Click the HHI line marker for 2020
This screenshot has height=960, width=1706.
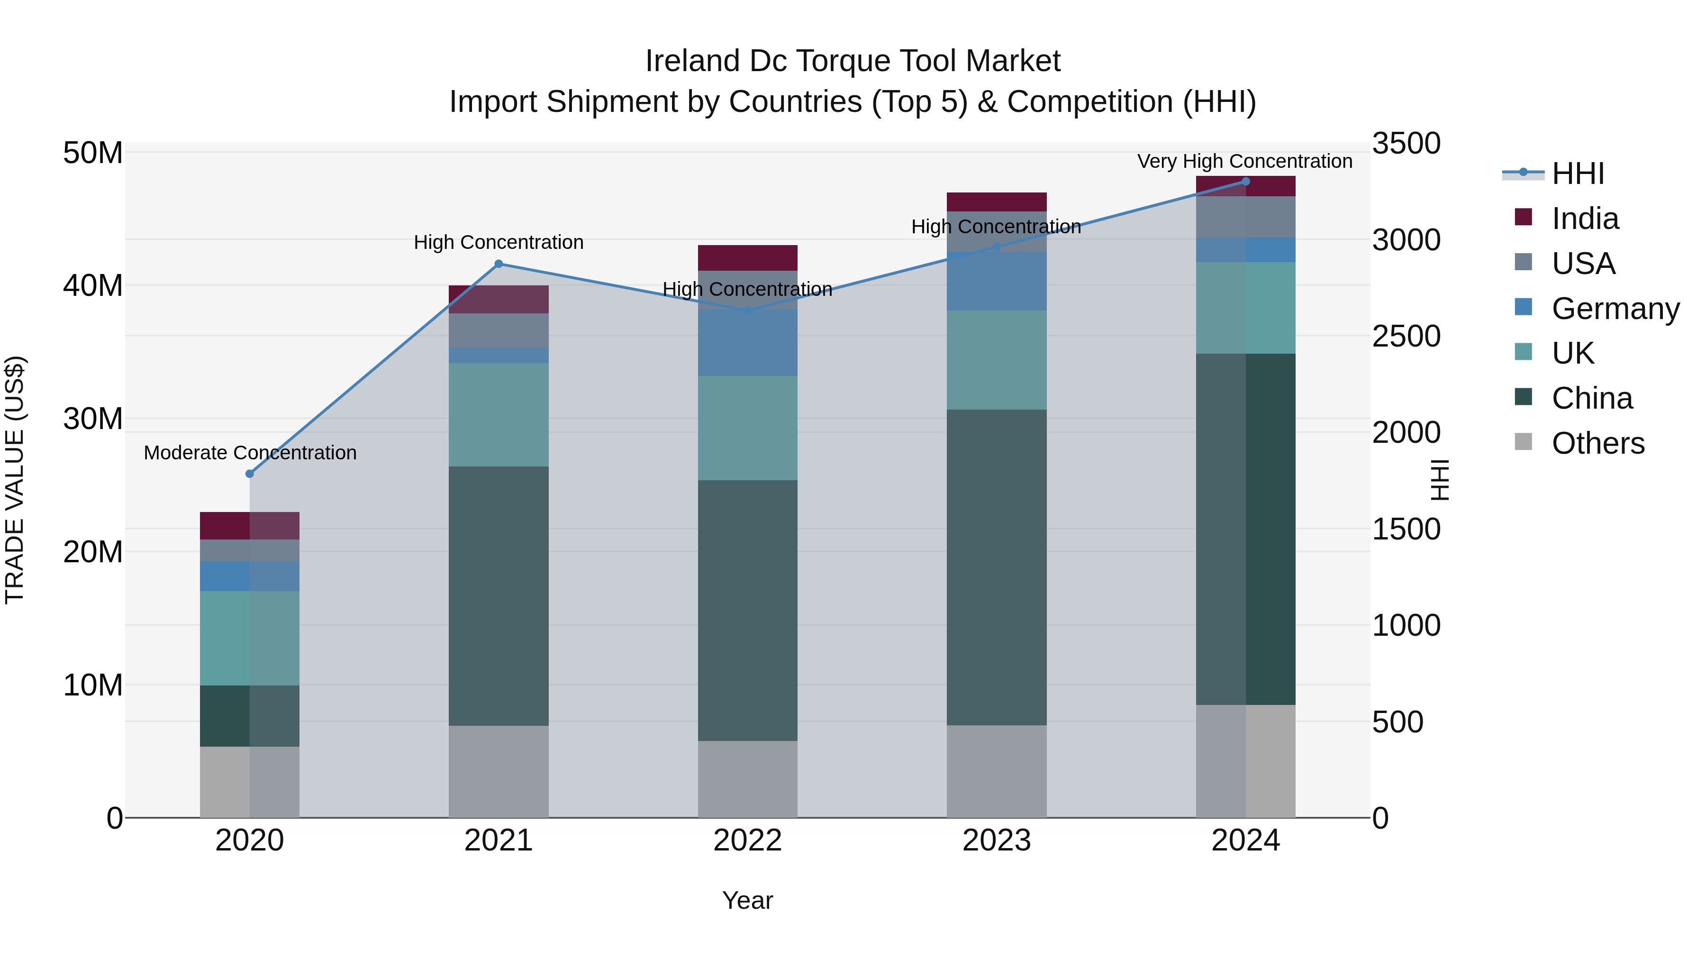tap(250, 474)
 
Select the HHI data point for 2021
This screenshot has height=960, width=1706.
tap(499, 264)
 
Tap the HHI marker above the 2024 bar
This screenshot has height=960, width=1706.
tap(1245, 182)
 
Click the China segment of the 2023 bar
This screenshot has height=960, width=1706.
tap(996, 567)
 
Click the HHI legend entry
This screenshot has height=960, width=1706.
tap(1578, 174)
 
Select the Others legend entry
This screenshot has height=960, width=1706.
tap(1597, 443)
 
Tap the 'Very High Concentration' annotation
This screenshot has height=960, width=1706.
tap(1244, 161)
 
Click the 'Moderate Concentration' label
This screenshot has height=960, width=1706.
tap(250, 453)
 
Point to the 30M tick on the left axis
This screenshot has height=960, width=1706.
tap(93, 419)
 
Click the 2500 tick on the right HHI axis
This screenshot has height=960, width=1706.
tap(1406, 336)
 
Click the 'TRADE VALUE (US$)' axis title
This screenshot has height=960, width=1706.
tap(15, 480)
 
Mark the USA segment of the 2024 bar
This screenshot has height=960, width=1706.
tap(1245, 217)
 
